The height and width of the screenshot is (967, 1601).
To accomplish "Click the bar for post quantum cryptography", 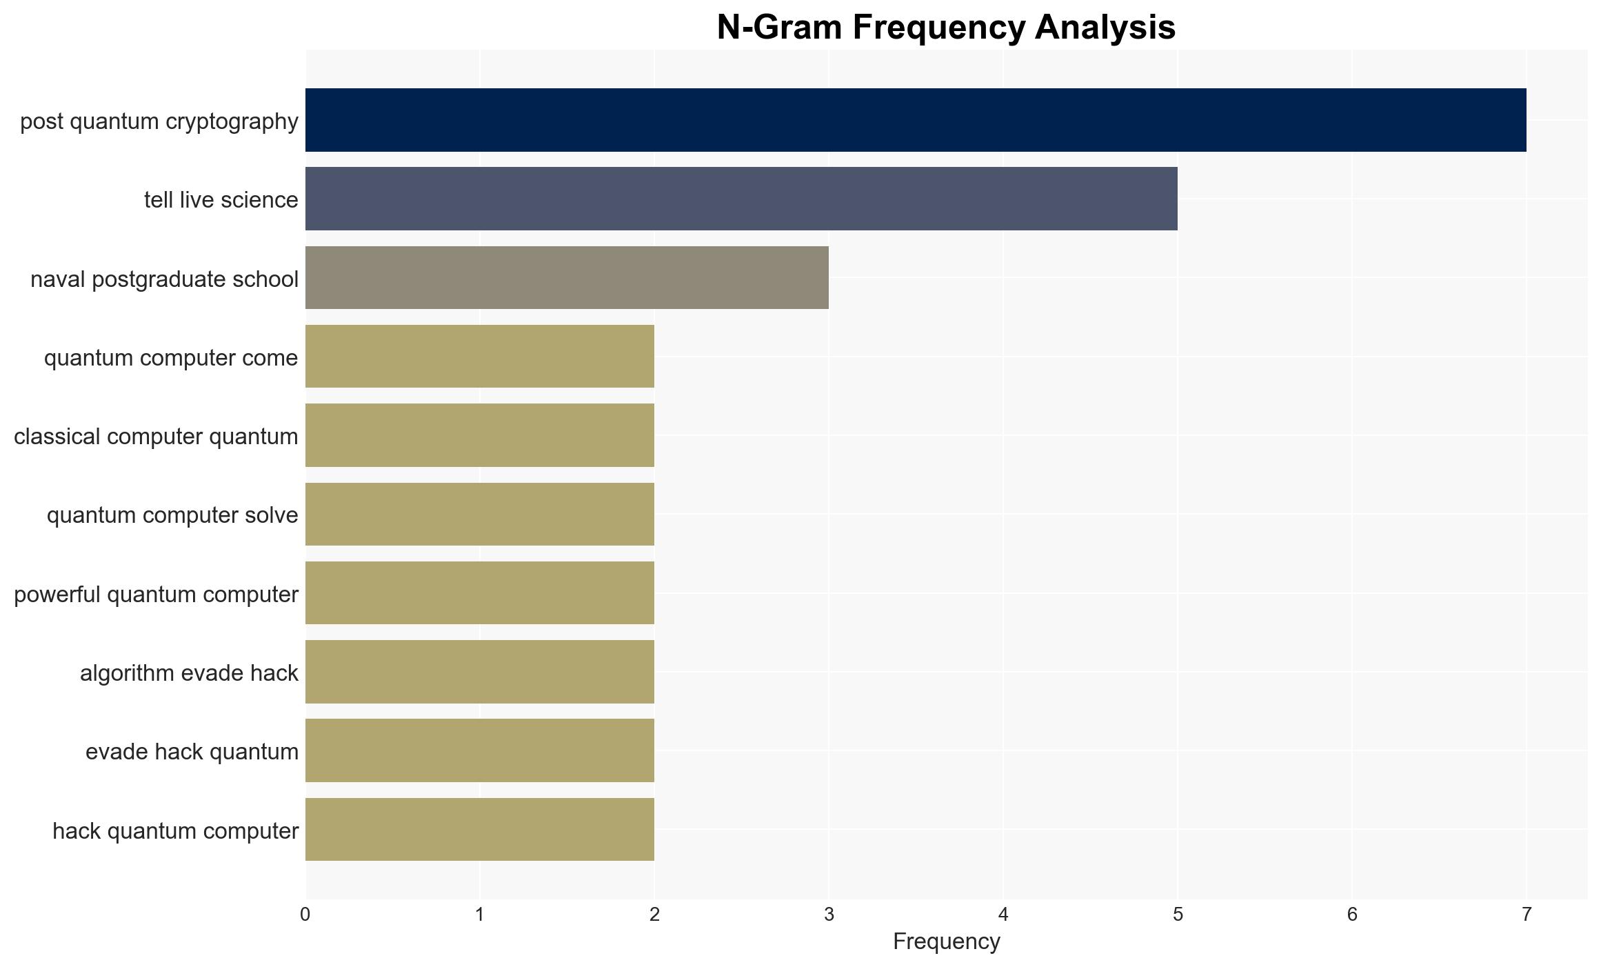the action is (x=916, y=120).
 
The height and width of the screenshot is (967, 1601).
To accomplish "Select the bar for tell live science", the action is (x=741, y=199).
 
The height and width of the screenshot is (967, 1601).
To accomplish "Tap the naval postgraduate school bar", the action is (x=567, y=278).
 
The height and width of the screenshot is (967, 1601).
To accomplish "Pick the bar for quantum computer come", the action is (x=480, y=357).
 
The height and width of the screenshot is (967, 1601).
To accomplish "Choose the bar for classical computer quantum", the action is (x=480, y=435).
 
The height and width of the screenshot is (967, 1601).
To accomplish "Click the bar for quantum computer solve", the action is (x=480, y=515).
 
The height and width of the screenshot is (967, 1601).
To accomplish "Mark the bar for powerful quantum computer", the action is (x=480, y=593).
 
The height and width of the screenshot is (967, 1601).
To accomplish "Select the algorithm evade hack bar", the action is (x=480, y=672).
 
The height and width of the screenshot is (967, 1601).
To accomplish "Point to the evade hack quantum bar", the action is (x=480, y=750).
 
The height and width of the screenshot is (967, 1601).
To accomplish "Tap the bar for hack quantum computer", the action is (x=480, y=830).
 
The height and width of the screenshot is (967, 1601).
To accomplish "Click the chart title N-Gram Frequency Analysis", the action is (x=946, y=28).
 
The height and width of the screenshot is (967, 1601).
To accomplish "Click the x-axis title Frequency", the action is (x=946, y=941).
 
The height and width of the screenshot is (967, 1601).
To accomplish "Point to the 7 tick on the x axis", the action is (x=1527, y=915).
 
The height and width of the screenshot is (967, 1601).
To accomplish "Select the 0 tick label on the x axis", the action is (x=305, y=915).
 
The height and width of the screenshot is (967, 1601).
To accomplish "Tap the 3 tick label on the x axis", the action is (x=829, y=915).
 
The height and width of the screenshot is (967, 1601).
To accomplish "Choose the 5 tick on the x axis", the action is (x=1178, y=915).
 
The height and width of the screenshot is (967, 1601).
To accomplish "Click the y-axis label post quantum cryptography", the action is (x=159, y=121).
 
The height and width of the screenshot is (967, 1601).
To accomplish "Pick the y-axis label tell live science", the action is (x=221, y=200).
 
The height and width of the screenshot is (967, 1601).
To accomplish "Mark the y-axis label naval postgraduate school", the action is (x=165, y=279).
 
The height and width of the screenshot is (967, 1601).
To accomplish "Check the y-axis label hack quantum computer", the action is (x=176, y=831).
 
